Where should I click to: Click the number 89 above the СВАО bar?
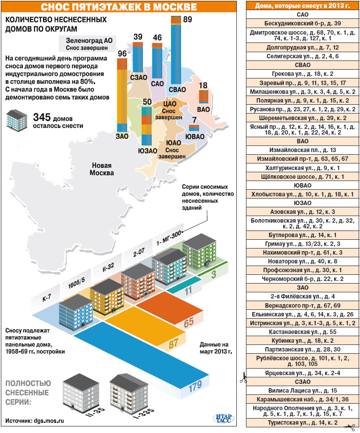[187, 20]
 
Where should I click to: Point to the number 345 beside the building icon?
[42, 117]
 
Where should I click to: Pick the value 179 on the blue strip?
[195, 386]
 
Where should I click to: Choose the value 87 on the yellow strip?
[173, 343]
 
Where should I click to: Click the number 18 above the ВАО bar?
[203, 86]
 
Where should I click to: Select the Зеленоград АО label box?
[86, 43]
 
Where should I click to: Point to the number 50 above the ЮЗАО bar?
[147, 102]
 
